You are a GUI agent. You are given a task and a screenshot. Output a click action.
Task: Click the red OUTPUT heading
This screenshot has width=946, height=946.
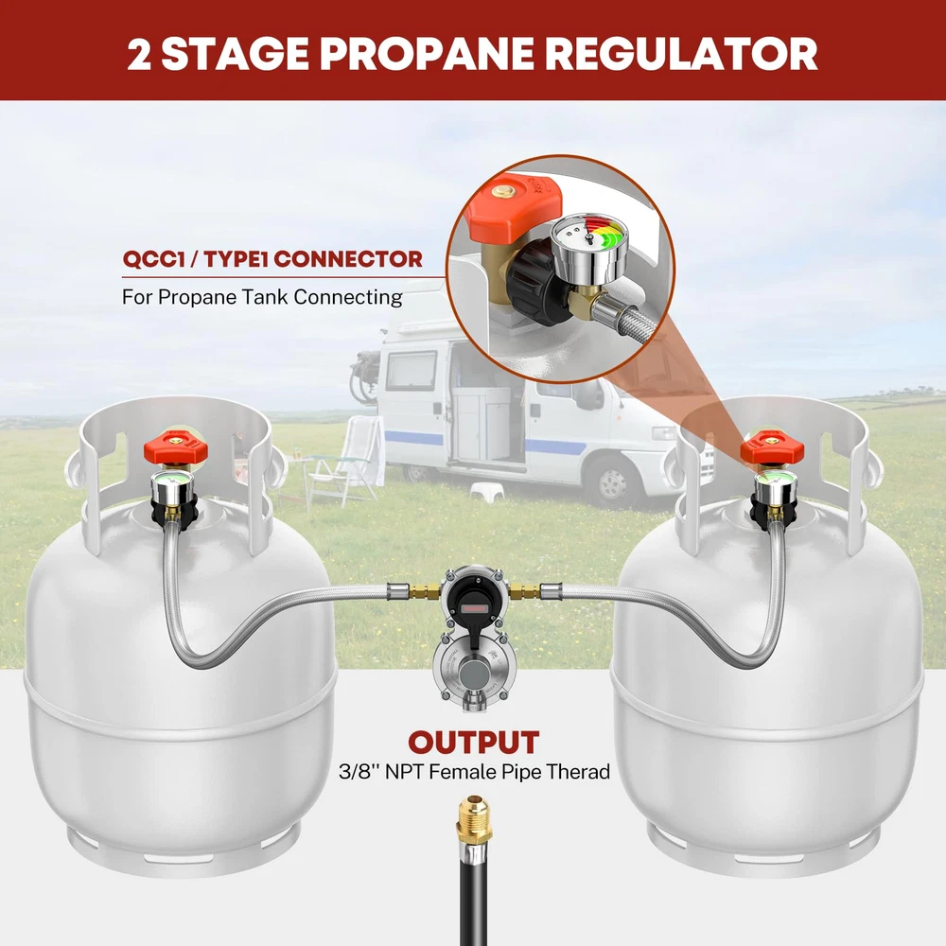[x=474, y=743]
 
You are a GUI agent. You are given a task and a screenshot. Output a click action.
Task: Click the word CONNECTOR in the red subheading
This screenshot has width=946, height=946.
[x=347, y=259]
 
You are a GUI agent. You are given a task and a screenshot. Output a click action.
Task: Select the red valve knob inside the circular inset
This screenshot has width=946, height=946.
[x=516, y=206]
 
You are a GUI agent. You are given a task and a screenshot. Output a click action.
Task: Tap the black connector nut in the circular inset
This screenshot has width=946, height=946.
[x=537, y=282]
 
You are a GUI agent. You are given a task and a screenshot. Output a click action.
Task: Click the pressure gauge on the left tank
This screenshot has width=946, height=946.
[x=171, y=486]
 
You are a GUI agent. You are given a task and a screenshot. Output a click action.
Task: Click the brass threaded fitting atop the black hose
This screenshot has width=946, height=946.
[x=474, y=822]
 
